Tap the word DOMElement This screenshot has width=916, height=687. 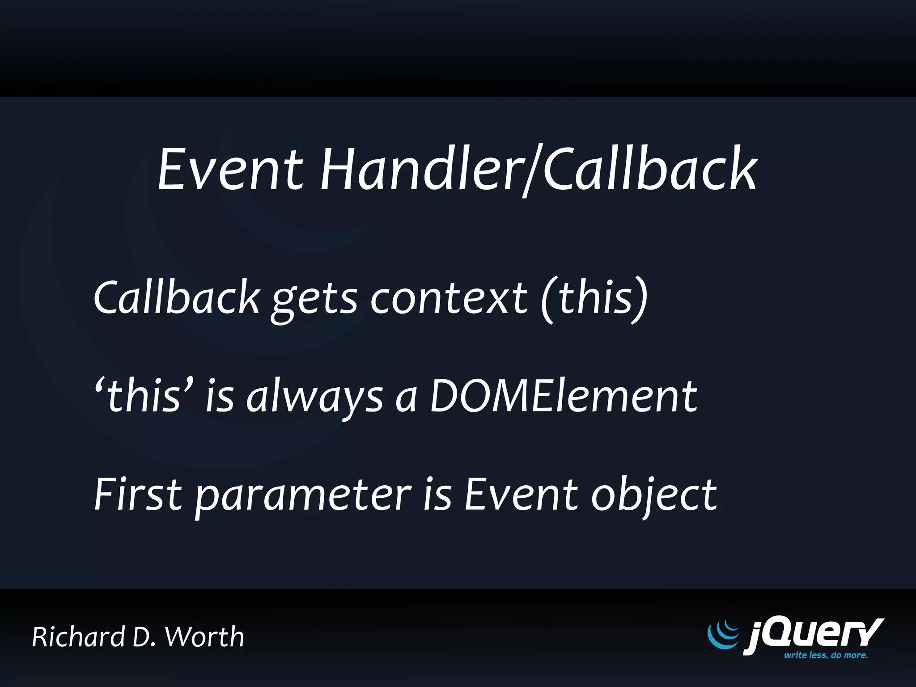[563, 396]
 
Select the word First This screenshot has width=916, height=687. [138, 495]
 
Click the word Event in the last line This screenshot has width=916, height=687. [521, 495]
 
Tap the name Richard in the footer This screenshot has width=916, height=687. [79, 637]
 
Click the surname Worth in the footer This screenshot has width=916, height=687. [204, 637]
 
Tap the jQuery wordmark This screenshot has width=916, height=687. [813, 634]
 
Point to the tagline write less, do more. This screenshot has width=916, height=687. [825, 655]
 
